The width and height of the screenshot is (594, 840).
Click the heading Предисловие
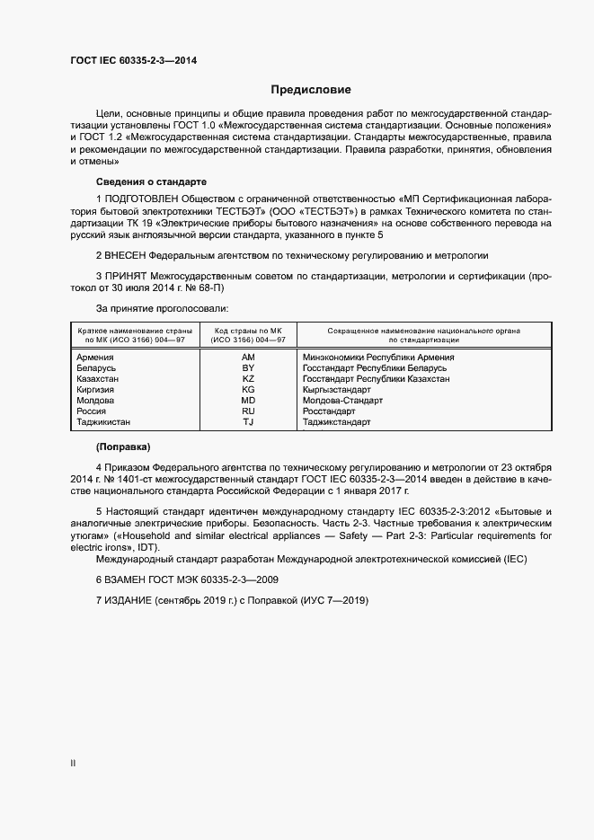point(311,90)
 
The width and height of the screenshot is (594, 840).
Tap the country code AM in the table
point(248,358)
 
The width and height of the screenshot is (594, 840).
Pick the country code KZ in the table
point(248,379)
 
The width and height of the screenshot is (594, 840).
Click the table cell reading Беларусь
point(97,368)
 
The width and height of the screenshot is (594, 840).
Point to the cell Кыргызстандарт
point(337,390)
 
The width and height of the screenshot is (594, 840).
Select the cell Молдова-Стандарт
point(342,401)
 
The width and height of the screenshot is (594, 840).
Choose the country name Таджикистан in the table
point(104,421)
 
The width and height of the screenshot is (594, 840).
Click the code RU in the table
point(248,411)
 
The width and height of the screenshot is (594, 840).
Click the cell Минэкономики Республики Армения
point(378,358)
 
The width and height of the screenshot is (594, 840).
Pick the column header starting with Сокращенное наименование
point(424,335)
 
